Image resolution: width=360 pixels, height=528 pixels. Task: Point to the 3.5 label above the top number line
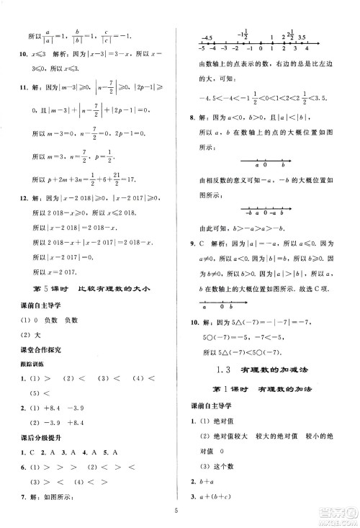pyautogui.click(x=302, y=36)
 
